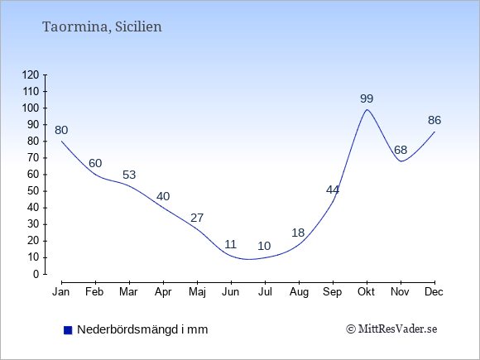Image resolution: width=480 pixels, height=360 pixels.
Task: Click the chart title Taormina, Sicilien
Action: pyautogui.click(x=102, y=27)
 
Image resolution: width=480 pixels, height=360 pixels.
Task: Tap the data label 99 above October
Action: pyautogui.click(x=367, y=98)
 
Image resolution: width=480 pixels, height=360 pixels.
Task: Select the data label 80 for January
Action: pyautogui.click(x=61, y=131)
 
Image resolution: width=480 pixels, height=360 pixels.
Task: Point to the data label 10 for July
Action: pyautogui.click(x=264, y=246)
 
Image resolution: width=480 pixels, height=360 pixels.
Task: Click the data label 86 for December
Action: pyautogui.click(x=434, y=120)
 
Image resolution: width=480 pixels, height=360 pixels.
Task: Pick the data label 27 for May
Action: pyautogui.click(x=197, y=218)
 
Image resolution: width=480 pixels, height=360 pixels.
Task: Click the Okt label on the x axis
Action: pyautogui.click(x=366, y=292)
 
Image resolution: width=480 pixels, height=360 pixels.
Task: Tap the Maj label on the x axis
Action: pyautogui.click(x=197, y=292)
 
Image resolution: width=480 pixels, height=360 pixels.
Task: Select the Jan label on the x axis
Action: pyautogui.click(x=61, y=292)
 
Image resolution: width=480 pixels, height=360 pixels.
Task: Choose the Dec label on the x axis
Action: pyautogui.click(x=434, y=292)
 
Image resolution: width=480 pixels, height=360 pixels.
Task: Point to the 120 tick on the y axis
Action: pyautogui.click(x=31, y=75)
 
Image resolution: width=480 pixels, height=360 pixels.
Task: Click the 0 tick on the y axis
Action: pyautogui.click(x=36, y=274)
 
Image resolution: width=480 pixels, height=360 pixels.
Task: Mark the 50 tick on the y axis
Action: pyautogui.click(x=34, y=191)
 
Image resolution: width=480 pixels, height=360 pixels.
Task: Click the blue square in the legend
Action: pyautogui.click(x=68, y=330)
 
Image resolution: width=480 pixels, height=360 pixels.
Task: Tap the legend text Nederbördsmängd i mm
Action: pyautogui.click(x=142, y=329)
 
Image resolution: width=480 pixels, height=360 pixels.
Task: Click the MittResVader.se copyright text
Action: pyautogui.click(x=391, y=329)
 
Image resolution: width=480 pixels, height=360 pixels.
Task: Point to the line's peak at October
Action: pyautogui.click(x=367, y=109)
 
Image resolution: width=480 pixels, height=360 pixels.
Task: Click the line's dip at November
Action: pyautogui.click(x=401, y=161)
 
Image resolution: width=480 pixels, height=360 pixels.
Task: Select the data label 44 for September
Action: pyautogui.click(x=333, y=190)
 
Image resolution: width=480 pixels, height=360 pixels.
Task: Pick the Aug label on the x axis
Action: pyautogui.click(x=299, y=292)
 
